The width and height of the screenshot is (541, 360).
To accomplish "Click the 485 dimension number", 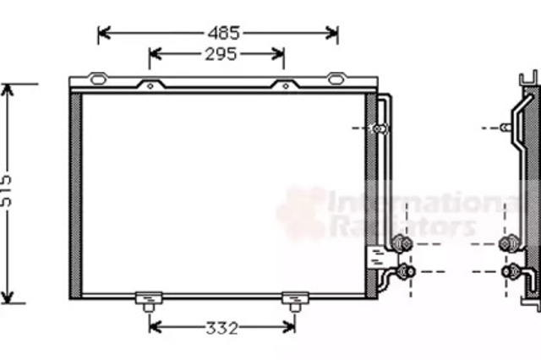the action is point(223,33).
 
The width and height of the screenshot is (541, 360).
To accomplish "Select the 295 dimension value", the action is point(221,54).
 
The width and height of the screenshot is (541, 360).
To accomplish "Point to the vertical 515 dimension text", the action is point(6,191).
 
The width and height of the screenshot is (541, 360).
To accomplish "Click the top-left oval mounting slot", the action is point(98,79).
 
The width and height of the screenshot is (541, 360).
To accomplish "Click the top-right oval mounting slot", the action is point(336,79).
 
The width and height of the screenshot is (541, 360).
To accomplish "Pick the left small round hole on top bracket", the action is point(150,86).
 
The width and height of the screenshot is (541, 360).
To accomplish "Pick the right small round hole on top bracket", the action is point(286,86).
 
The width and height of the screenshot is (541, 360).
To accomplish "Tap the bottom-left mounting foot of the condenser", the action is point(149,302).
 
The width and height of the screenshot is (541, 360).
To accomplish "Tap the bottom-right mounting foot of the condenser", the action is point(295,302).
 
